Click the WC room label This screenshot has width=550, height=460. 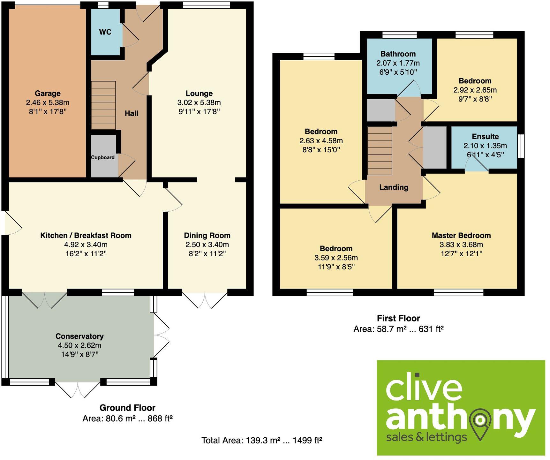pyautogui.click(x=105, y=32)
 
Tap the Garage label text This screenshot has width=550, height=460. pyautogui.click(x=48, y=94)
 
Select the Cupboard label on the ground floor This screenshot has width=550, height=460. pyautogui.click(x=103, y=157)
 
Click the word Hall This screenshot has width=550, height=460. pyautogui.click(x=132, y=113)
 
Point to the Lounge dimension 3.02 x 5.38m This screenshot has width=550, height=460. pyautogui.click(x=199, y=102)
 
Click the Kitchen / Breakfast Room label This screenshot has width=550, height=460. pyautogui.click(x=86, y=236)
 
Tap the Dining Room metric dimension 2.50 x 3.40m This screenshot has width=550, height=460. pyautogui.click(x=207, y=245)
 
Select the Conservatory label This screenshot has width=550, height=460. pyautogui.click(x=79, y=336)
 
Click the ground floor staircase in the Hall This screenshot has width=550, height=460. pyautogui.click(x=103, y=105)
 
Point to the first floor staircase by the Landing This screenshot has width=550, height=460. pyautogui.click(x=380, y=151)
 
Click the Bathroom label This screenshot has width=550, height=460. pyautogui.click(x=398, y=54)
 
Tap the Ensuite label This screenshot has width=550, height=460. pyautogui.click(x=485, y=137)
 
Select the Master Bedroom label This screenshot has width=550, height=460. pyautogui.click(x=461, y=236)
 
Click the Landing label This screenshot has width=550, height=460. pyautogui.click(x=394, y=187)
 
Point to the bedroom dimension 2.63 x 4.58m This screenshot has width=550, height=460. pyautogui.click(x=321, y=140)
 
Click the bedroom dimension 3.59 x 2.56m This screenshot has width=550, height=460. pyautogui.click(x=336, y=258)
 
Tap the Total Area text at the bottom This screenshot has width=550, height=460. pyautogui.click(x=261, y=441)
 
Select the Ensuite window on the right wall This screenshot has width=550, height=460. pyautogui.click(x=521, y=146)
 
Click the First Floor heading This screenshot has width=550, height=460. pyautogui.click(x=398, y=318)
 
